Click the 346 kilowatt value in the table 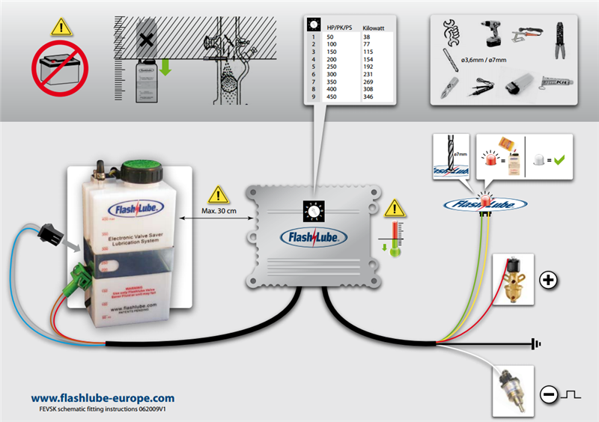pos(368,97)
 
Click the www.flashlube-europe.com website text pos(103,398)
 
